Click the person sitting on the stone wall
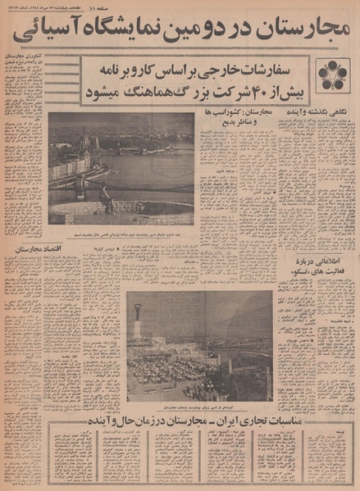point(104,198)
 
